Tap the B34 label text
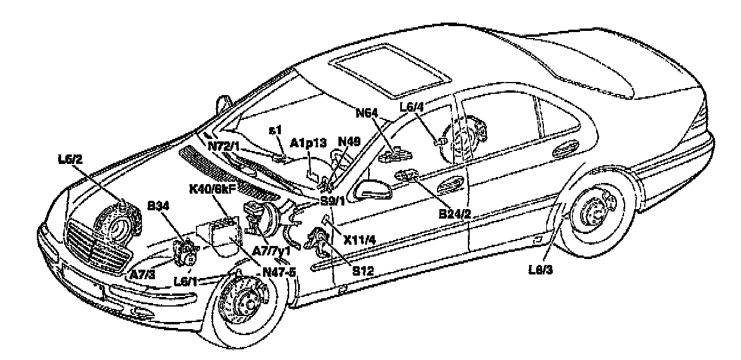tap(159, 206)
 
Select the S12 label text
tap(363, 270)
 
